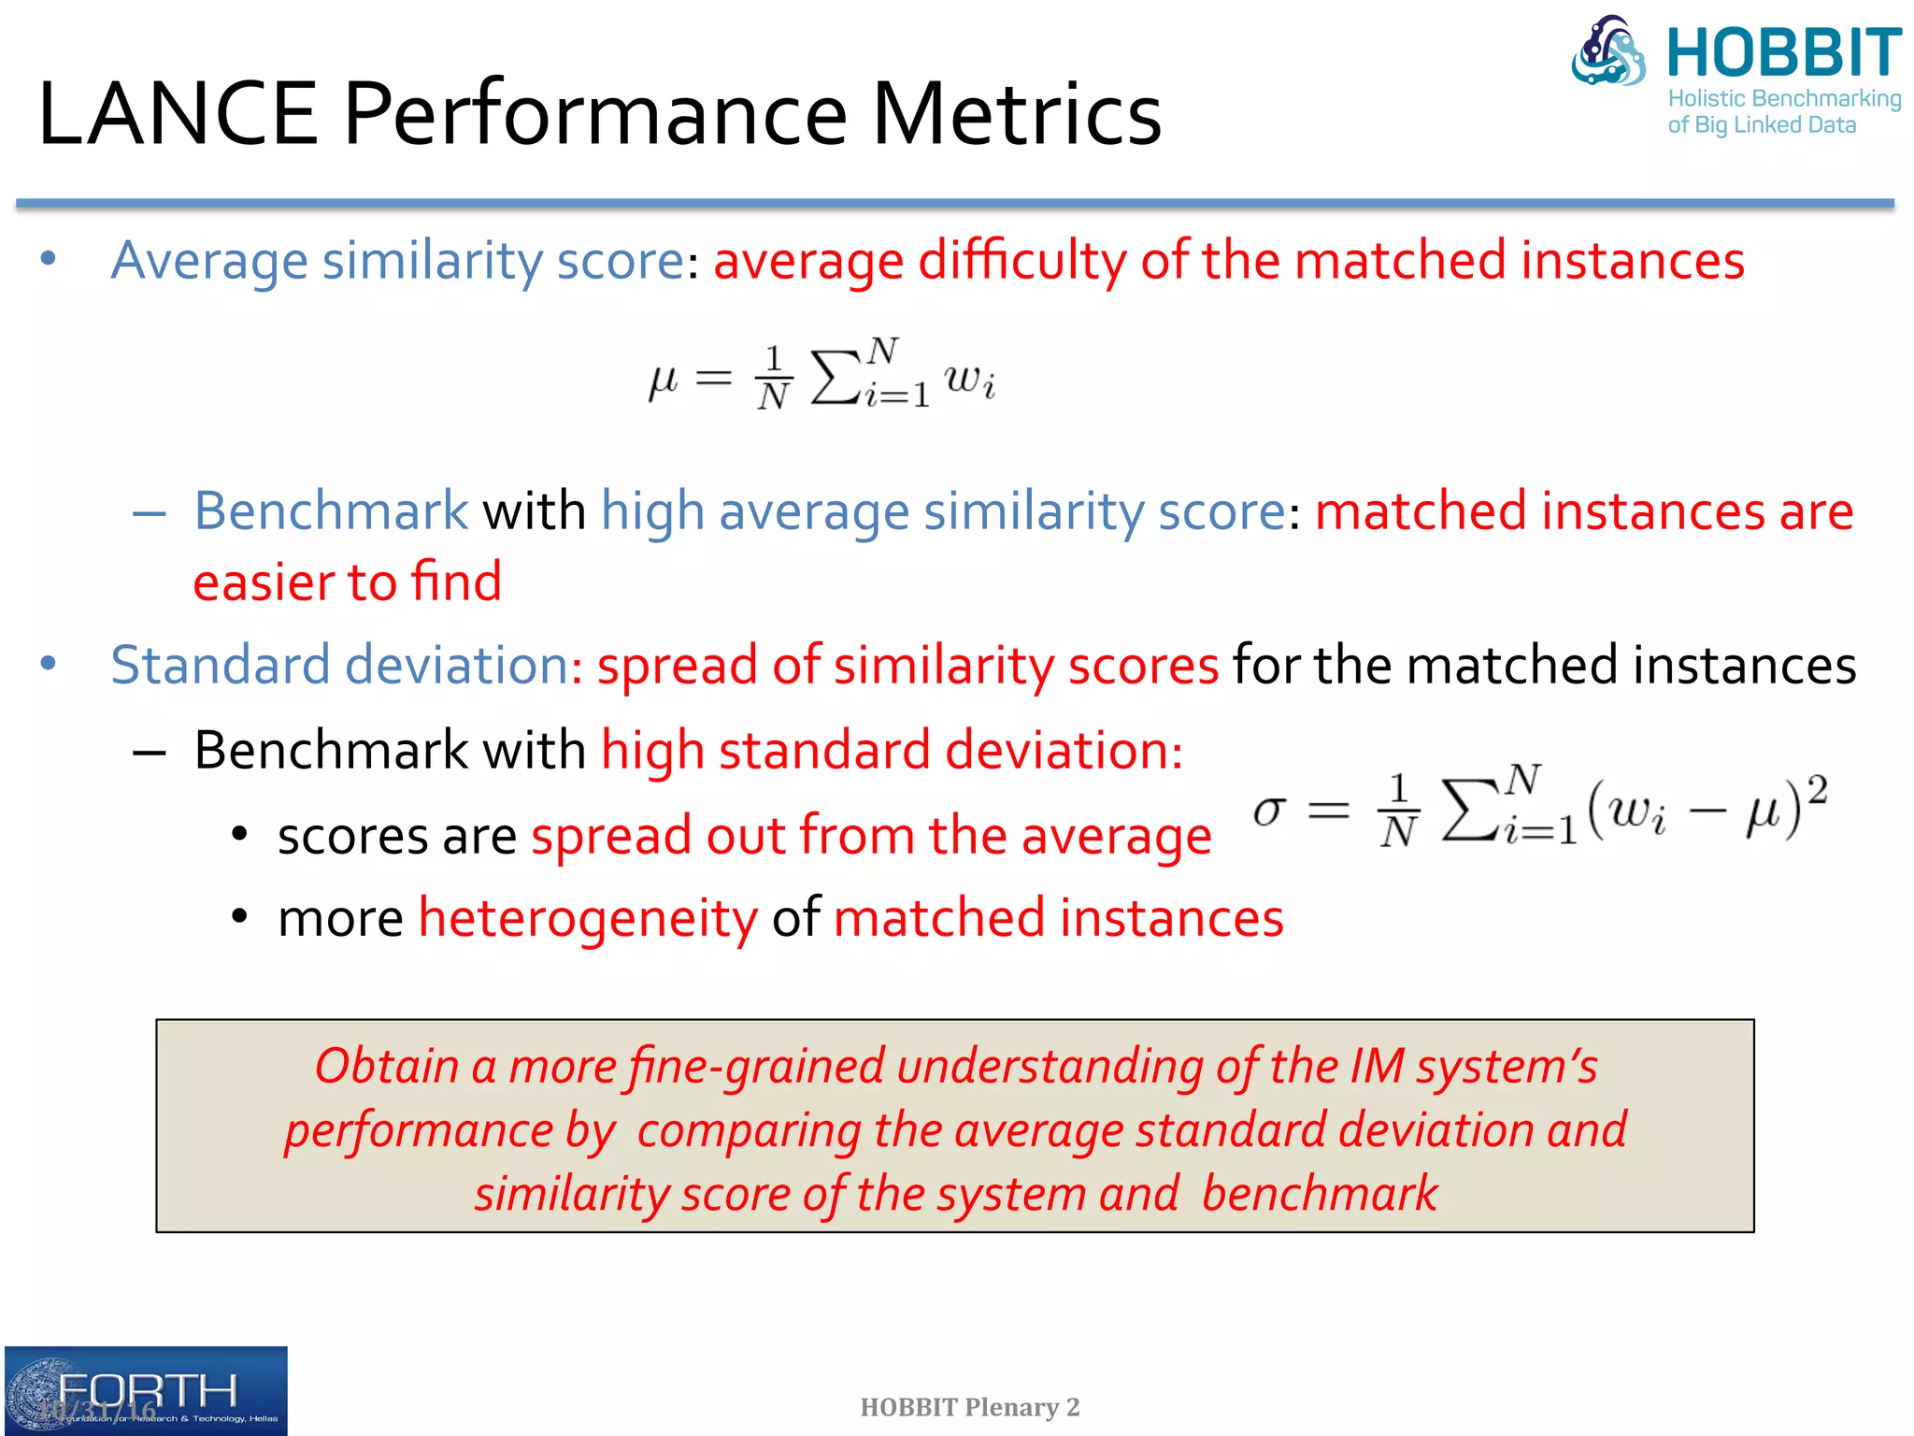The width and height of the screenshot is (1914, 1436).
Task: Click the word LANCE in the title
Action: click(178, 114)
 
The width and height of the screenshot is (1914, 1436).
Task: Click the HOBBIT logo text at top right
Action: click(1783, 53)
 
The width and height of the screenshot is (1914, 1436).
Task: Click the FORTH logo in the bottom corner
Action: click(146, 1390)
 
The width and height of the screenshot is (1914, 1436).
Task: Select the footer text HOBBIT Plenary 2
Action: click(969, 1407)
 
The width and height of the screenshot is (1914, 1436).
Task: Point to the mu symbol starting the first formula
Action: click(663, 380)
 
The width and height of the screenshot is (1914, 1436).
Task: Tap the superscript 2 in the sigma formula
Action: click(1816, 790)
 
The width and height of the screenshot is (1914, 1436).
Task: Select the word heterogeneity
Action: click(588, 918)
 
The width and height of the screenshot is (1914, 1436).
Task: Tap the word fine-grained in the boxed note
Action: click(756, 1066)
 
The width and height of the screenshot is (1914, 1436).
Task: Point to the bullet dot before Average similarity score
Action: click(49, 258)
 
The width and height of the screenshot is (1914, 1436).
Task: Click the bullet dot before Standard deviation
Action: click(49, 664)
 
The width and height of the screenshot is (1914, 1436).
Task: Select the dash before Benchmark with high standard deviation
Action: click(150, 752)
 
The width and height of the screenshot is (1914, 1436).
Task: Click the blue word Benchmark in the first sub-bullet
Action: click(330, 511)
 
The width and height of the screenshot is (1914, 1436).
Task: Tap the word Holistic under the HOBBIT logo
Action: click(1707, 98)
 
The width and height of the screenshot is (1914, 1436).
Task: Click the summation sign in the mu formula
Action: click(835, 378)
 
